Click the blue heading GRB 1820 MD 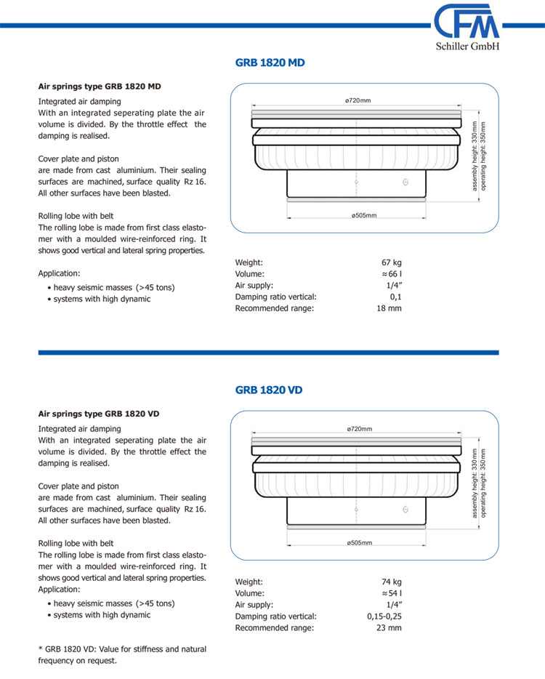point(270,63)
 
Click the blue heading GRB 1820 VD point(269,390)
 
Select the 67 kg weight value point(392,262)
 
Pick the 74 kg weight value point(392,582)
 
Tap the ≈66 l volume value point(391,274)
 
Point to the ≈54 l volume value point(391,593)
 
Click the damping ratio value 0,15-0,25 point(384,616)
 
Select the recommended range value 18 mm point(389,308)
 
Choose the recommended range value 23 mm point(389,628)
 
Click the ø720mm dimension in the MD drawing point(358,100)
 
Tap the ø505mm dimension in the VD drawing point(359,543)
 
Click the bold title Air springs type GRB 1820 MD point(100,87)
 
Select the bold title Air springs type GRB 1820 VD point(99,414)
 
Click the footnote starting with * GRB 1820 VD point(122,655)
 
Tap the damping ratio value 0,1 point(395,297)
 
